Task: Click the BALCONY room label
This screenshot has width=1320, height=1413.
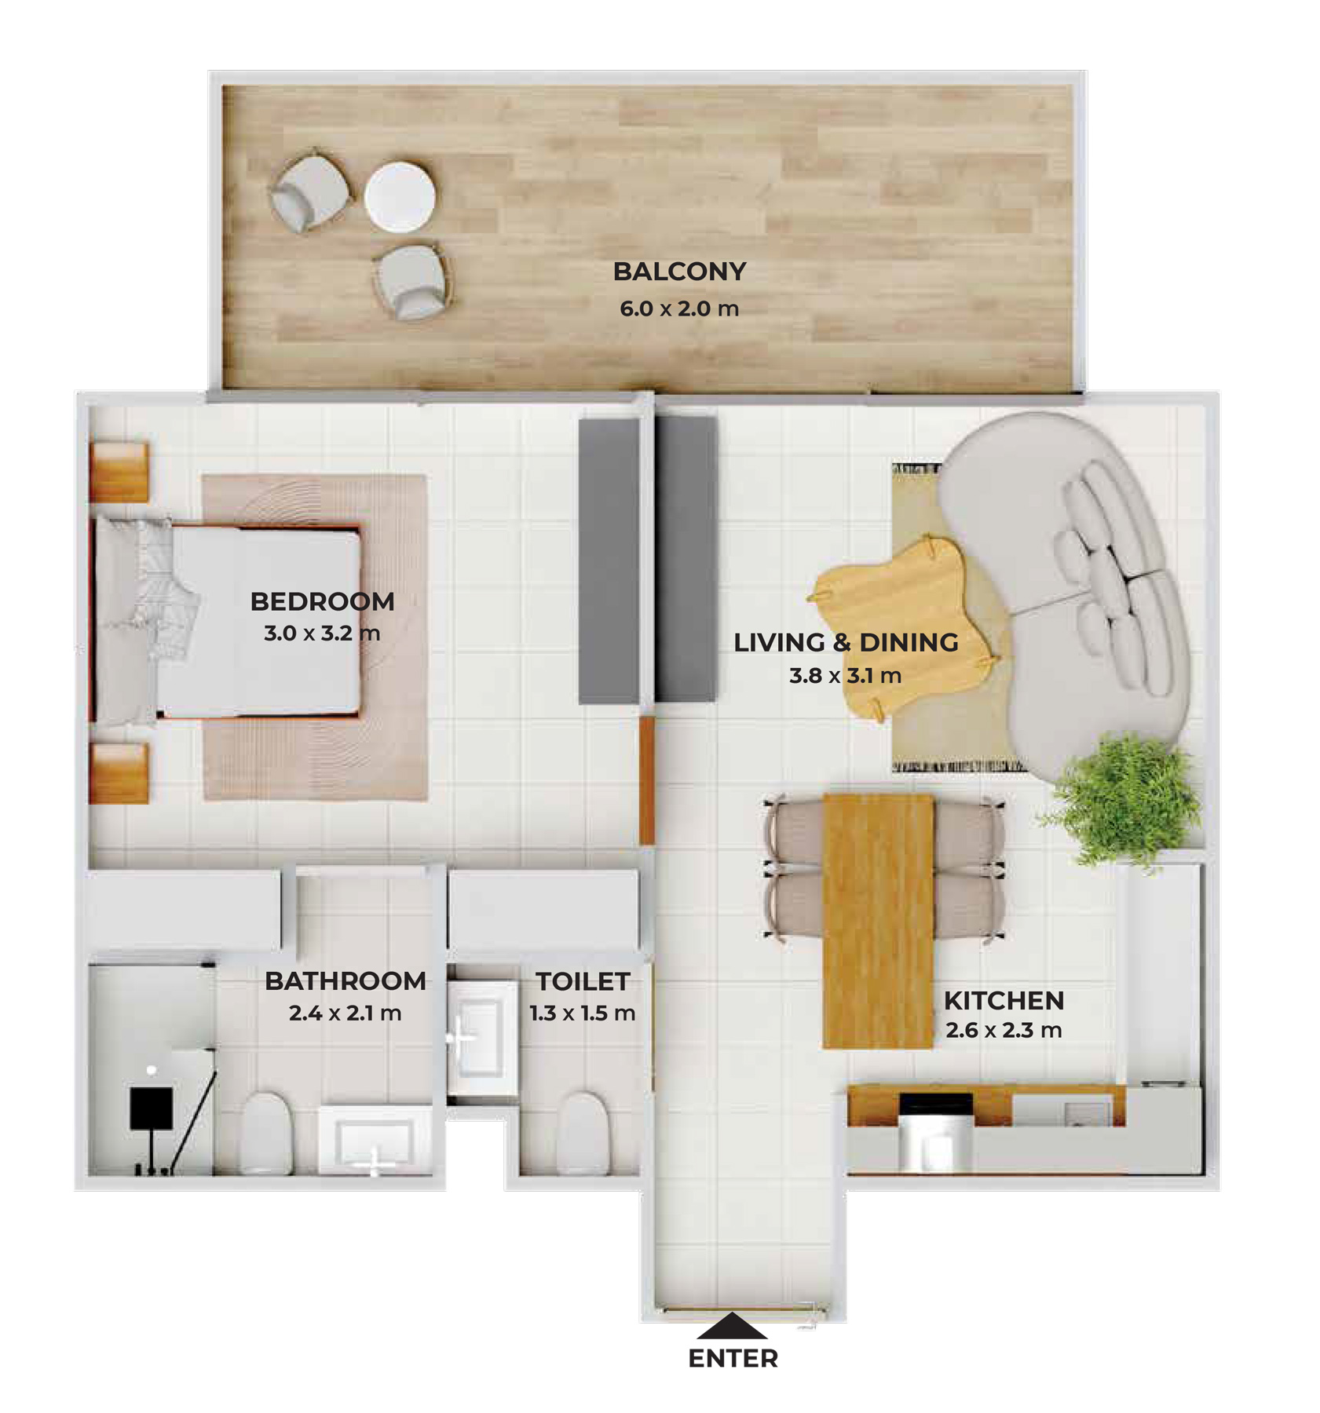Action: [x=678, y=272]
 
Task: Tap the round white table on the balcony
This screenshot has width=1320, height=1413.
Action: [x=400, y=197]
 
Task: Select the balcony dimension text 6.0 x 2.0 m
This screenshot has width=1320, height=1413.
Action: [x=678, y=309]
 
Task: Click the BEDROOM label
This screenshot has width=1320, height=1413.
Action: [x=322, y=601]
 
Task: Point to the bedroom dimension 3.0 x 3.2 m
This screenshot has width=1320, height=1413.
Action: [x=322, y=633]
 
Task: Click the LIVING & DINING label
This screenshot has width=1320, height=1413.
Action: [x=846, y=642]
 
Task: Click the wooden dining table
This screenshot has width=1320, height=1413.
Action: [x=878, y=921]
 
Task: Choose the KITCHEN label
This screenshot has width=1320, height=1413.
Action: [x=1004, y=1000]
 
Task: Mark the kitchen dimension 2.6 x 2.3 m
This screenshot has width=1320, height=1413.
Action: [x=1004, y=1030]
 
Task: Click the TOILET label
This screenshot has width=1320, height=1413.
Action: [x=583, y=981]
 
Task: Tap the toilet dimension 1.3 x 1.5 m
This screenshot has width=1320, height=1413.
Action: [x=582, y=1013]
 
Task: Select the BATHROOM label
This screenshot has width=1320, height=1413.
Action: [x=346, y=980]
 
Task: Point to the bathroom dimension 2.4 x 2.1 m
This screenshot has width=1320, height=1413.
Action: [x=346, y=1013]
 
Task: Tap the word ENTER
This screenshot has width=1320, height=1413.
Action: [x=733, y=1359]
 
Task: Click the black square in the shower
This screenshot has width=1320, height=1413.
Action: [x=152, y=1108]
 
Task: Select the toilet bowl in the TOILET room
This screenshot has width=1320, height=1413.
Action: [x=582, y=1133]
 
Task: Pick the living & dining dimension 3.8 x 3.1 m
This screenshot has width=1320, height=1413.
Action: [x=846, y=675]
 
